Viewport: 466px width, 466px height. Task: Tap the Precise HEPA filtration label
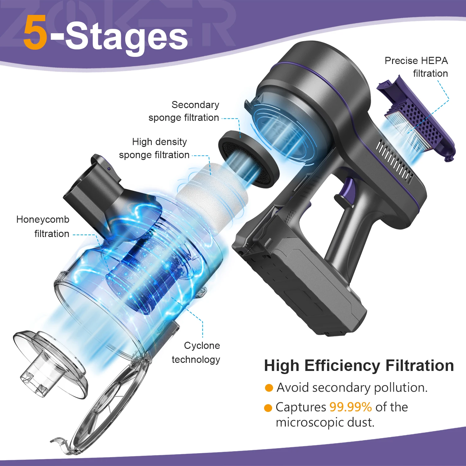[416, 67]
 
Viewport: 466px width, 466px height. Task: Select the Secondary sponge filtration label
[184, 111]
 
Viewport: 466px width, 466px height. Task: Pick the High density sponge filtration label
[154, 148]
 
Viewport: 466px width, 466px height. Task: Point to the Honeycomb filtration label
[43, 226]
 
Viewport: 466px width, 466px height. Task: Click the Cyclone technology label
[196, 352]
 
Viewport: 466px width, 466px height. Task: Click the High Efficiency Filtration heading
[359, 365]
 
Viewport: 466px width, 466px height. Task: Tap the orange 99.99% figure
[350, 407]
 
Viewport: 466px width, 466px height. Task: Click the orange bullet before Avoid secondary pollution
[269, 388]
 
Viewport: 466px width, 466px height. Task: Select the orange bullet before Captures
[268, 408]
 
